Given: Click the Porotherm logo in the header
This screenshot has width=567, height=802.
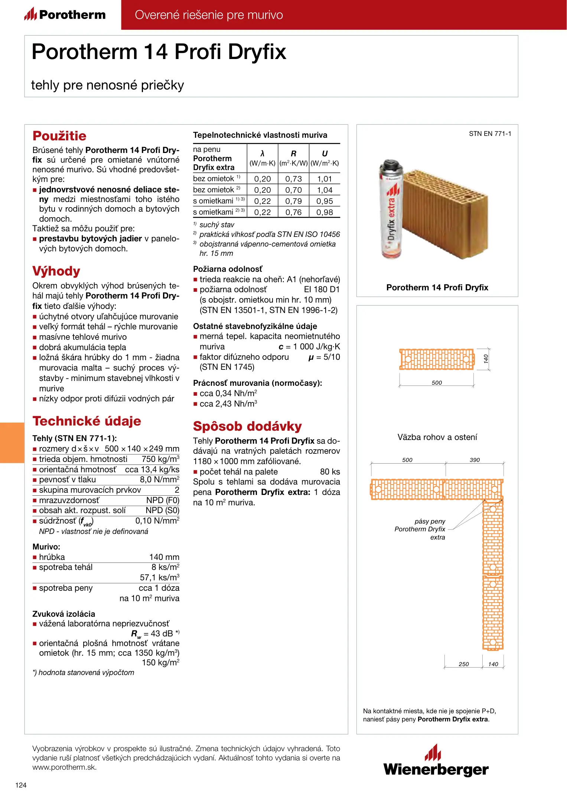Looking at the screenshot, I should pyautogui.click(x=65, y=15).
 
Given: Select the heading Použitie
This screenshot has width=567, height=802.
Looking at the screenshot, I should pyautogui.click(x=59, y=136).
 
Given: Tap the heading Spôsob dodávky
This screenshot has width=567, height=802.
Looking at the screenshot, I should pyautogui.click(x=247, y=426).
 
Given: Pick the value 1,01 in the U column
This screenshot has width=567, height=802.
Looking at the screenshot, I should pyautogui.click(x=325, y=179).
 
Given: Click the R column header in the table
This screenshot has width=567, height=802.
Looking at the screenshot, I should pyautogui.click(x=293, y=154).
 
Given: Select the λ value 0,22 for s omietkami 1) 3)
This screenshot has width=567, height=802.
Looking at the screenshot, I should pyautogui.click(x=263, y=201).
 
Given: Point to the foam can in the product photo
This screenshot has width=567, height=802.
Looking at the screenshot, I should pyautogui.click(x=391, y=210).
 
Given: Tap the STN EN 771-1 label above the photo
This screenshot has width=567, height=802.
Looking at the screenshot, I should pyautogui.click(x=490, y=134).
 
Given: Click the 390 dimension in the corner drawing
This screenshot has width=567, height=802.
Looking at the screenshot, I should pyautogui.click(x=475, y=460).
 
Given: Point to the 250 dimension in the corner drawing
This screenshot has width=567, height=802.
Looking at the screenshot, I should pyautogui.click(x=464, y=664).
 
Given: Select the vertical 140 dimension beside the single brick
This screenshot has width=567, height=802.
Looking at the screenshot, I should pyautogui.click(x=486, y=359).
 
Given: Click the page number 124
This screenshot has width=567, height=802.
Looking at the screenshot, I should pyautogui.click(x=21, y=785).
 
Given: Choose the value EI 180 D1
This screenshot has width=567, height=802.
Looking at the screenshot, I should pyautogui.click(x=322, y=290).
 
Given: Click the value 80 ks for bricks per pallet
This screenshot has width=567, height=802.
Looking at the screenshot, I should pyautogui.click(x=330, y=472).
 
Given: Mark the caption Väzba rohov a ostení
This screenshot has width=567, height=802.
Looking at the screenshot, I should pyautogui.click(x=437, y=437).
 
